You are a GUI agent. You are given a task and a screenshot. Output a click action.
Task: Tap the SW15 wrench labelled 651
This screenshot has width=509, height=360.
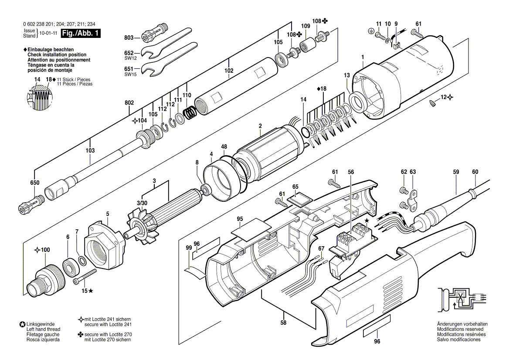click(170, 61)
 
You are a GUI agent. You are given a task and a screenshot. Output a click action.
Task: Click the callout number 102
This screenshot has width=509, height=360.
click(229, 71)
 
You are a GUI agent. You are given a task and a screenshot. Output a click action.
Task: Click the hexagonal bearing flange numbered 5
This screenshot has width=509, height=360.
click(103, 247)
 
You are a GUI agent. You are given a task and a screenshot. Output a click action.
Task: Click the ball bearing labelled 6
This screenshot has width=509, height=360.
click(69, 267)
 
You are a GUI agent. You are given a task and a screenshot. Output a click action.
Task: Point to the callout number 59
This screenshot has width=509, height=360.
click(456, 172)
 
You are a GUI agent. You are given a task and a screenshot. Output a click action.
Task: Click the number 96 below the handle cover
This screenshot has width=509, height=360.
click(377, 342)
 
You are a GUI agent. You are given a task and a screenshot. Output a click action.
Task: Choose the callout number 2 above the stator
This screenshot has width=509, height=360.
click(260, 126)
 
